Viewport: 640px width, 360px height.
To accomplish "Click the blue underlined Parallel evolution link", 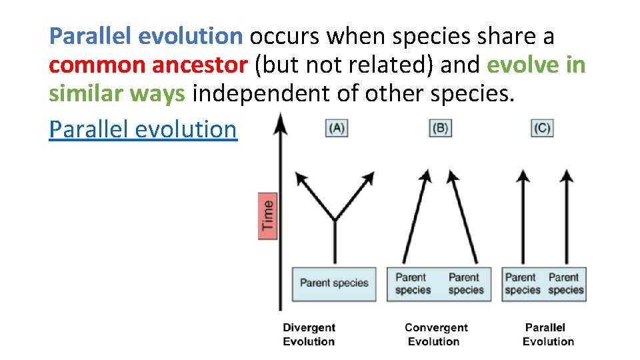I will click(143, 129).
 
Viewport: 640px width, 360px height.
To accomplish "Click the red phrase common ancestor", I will click(148, 65).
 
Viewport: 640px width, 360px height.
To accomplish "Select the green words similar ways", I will click(117, 94).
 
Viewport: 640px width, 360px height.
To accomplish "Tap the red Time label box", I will click(267, 215).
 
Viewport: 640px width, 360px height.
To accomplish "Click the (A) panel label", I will click(336, 128).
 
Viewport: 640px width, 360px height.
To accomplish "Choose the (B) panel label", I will click(440, 128).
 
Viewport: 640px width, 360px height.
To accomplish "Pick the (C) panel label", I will click(542, 128).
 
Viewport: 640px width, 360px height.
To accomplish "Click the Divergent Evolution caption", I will click(309, 335).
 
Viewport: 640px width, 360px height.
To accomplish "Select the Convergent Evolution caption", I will click(436, 335).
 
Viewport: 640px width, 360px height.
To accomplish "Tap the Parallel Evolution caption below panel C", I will click(547, 335).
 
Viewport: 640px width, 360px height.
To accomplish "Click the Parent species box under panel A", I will click(334, 283).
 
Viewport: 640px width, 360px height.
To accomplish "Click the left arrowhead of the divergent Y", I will click(301, 178).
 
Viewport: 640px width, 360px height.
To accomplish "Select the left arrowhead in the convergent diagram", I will click(425, 176).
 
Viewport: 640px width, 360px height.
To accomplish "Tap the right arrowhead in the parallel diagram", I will click(567, 176).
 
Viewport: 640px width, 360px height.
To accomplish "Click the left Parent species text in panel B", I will click(413, 283).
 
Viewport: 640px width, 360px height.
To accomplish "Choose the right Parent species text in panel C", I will click(565, 283).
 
